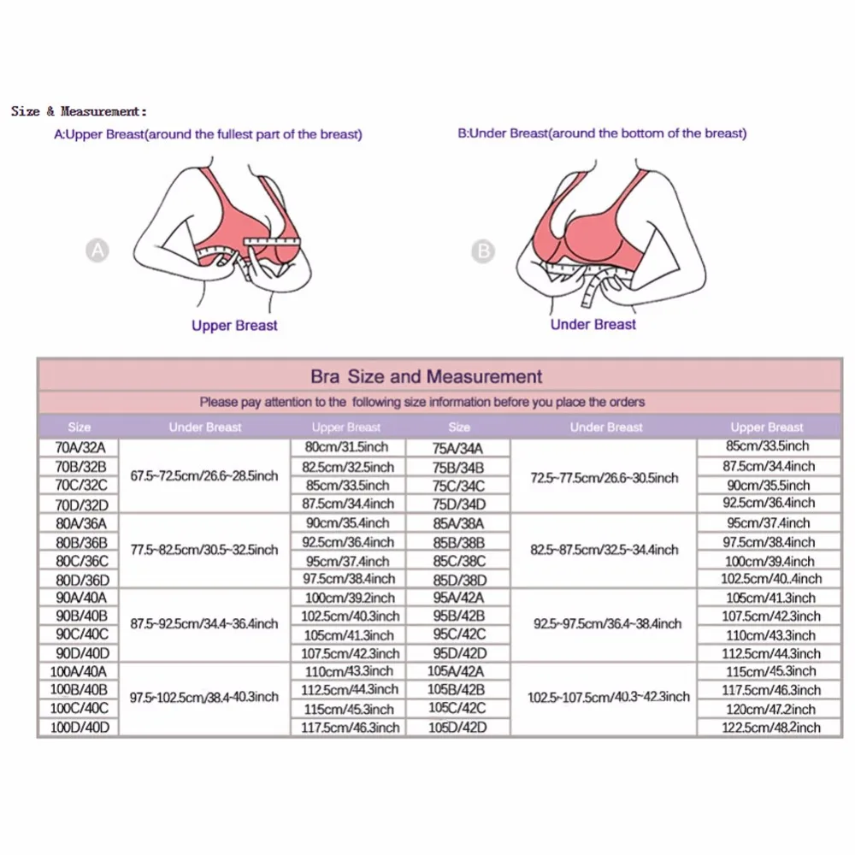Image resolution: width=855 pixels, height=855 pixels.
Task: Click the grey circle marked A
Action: tap(99, 251)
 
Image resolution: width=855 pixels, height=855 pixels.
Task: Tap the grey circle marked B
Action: tap(484, 251)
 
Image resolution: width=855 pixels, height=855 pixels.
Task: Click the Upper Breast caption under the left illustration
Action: tap(234, 325)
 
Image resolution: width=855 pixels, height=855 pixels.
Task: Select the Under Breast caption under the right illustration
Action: tap(593, 324)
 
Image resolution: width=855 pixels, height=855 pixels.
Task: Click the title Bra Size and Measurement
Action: tap(426, 376)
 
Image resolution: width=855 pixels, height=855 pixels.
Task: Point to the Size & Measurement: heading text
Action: tap(79, 111)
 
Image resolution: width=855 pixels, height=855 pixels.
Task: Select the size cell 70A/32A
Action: tap(79, 447)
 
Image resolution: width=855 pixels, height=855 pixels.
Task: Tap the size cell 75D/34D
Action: tap(458, 504)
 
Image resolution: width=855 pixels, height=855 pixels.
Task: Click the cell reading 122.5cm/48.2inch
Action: tap(767, 728)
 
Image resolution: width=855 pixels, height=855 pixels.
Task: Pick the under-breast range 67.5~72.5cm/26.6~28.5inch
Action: tap(204, 475)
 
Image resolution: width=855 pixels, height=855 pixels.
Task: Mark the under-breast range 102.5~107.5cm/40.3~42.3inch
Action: tap(609, 697)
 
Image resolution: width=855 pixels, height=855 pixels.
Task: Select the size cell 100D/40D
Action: tap(79, 728)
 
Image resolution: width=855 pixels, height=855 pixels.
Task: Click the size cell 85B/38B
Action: tap(458, 541)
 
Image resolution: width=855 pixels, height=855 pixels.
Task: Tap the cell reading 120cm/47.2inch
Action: tap(767, 709)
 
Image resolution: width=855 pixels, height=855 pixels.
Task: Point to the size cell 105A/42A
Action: tap(458, 671)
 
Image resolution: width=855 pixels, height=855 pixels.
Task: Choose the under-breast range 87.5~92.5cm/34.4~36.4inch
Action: tap(204, 624)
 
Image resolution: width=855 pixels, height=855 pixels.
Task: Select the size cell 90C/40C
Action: tap(79, 634)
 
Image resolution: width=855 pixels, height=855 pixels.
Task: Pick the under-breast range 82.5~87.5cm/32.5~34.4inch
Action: tap(604, 550)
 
